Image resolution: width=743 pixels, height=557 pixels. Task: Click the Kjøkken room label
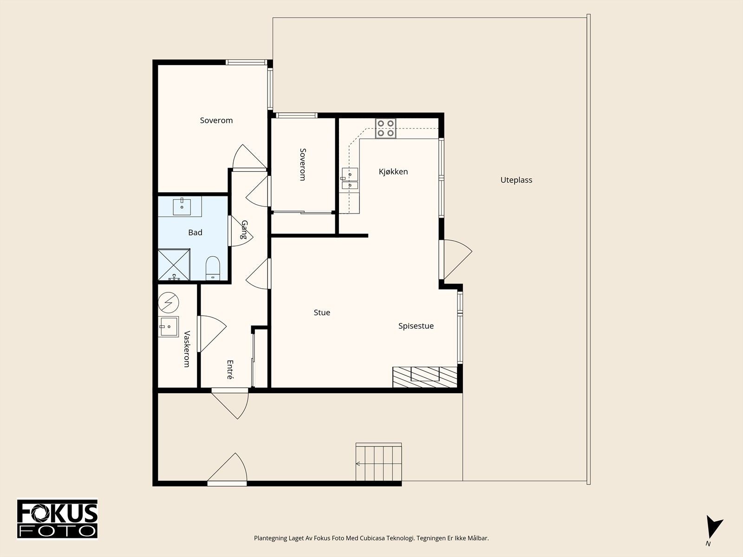393,172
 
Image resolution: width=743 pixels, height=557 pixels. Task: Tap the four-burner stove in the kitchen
385,128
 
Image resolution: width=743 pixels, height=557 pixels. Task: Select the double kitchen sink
350,179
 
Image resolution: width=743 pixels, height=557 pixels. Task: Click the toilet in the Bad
213,268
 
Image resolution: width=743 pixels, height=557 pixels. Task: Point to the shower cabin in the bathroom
174,265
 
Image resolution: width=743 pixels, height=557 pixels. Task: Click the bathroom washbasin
182,207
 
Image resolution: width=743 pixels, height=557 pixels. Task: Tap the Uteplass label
516,180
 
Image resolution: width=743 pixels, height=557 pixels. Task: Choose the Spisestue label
416,326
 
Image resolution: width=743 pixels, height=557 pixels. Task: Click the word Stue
321,312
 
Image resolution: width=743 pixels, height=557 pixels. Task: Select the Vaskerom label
187,349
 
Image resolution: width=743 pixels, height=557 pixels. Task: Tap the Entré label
230,369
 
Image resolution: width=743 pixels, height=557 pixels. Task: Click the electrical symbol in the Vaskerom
168,302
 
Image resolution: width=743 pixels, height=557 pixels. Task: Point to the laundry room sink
169,327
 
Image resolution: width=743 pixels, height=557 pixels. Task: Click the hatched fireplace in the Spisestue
425,377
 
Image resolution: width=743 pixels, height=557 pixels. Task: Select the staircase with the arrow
378,462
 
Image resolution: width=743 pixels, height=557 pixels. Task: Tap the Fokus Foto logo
57,519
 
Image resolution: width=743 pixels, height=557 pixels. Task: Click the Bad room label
195,233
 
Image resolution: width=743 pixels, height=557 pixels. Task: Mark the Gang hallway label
244,230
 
